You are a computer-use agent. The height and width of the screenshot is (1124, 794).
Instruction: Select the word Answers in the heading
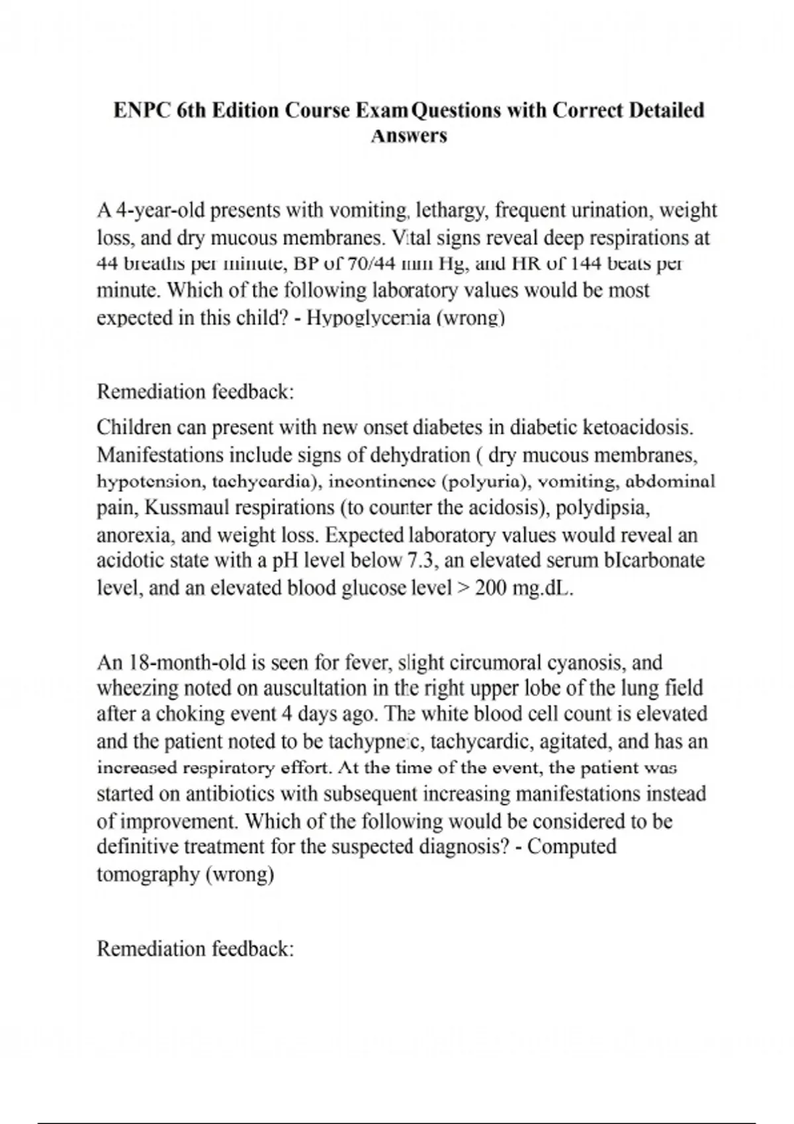(409, 136)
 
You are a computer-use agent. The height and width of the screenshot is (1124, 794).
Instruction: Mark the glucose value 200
(490, 588)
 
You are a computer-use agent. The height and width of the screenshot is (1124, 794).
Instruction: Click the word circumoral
(502, 662)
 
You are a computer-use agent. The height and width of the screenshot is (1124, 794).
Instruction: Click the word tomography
(148, 874)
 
